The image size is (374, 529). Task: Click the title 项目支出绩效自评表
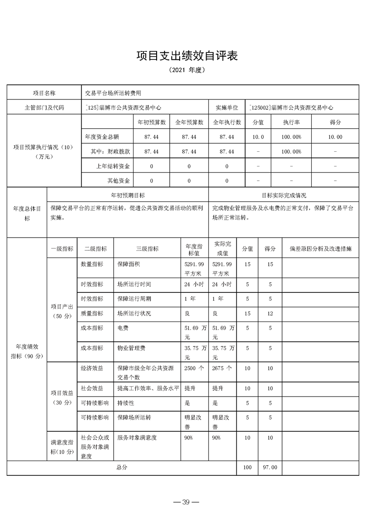187,56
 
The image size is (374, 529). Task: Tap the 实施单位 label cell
227,108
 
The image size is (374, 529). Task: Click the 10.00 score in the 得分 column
335,137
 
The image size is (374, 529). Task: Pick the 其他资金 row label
119,181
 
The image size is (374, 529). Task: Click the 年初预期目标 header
127,195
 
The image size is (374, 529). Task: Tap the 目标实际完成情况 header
283,195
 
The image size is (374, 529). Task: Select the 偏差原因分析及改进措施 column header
320,249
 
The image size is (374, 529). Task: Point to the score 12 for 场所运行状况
270,314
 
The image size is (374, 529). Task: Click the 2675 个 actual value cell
222,368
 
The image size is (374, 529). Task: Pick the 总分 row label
122,468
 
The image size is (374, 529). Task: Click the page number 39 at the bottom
186,502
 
